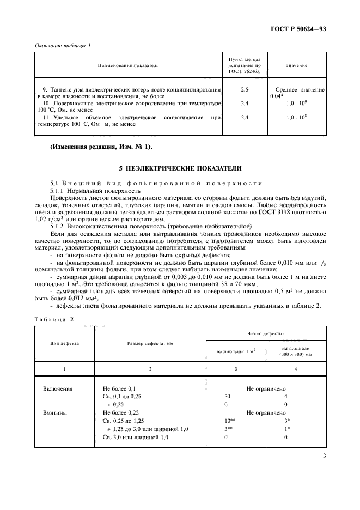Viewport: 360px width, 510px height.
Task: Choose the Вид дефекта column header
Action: click(x=65, y=344)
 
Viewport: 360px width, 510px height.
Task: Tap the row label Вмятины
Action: click(x=55, y=413)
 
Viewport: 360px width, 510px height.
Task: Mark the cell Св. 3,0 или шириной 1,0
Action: click(x=136, y=438)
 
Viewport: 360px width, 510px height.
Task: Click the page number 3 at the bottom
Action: click(x=324, y=456)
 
